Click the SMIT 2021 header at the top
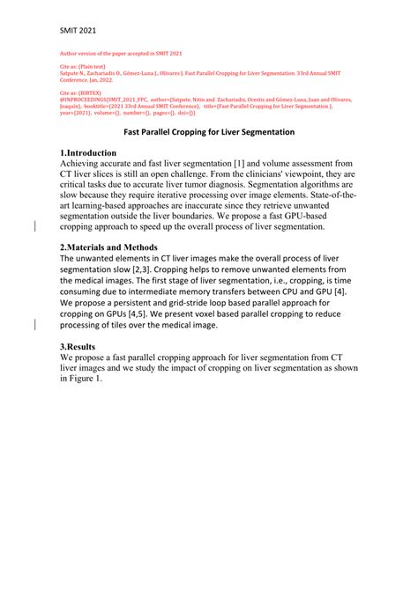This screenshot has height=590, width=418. pyautogui.click(x=78, y=30)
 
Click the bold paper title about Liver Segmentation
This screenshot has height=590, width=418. pyautogui.click(x=208, y=131)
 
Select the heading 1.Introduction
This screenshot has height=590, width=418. pyautogui.click(x=95, y=152)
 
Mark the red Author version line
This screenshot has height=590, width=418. pyautogui.click(x=120, y=53)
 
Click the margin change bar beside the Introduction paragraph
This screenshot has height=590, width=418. pyautogui.click(x=34, y=226)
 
